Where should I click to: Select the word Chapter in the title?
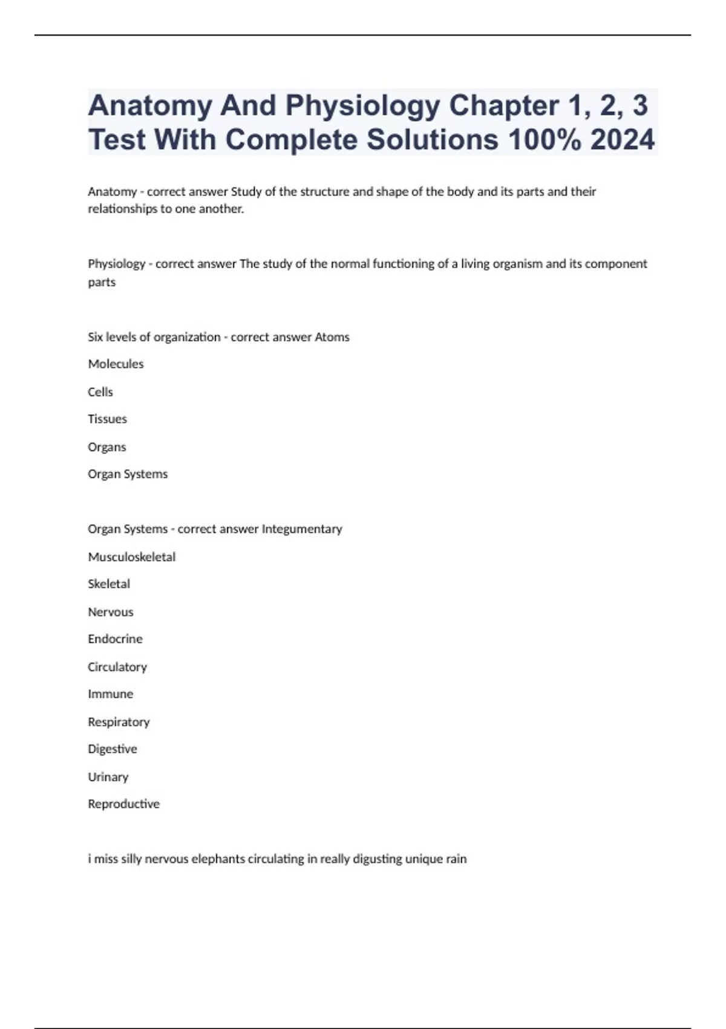click(503, 105)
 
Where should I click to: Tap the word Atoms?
click(332, 337)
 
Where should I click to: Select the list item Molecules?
click(116, 364)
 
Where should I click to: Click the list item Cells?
click(100, 392)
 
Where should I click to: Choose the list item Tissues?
click(107, 419)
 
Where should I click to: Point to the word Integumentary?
click(301, 529)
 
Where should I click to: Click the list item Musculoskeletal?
click(131, 557)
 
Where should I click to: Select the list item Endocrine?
click(115, 639)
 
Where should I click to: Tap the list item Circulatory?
click(117, 667)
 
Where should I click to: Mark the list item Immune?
click(110, 694)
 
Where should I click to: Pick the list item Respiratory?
click(119, 722)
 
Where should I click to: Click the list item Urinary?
click(108, 777)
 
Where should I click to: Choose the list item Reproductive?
click(123, 804)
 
